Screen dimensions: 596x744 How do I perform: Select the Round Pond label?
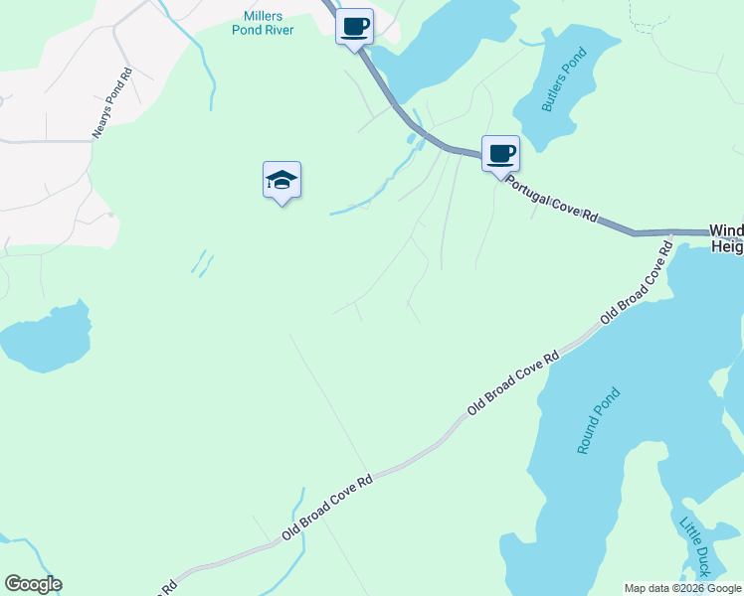(599, 420)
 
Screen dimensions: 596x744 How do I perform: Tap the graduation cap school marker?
(282, 180)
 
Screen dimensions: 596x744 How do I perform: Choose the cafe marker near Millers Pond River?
(354, 26)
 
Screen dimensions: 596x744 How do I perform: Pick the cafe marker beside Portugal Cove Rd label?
(500, 154)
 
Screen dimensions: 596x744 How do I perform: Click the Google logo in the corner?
(33, 584)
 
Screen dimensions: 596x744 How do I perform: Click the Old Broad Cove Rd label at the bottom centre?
(326, 506)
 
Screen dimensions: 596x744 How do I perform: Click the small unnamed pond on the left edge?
(45, 339)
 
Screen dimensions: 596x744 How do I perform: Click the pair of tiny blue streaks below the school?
(202, 262)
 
